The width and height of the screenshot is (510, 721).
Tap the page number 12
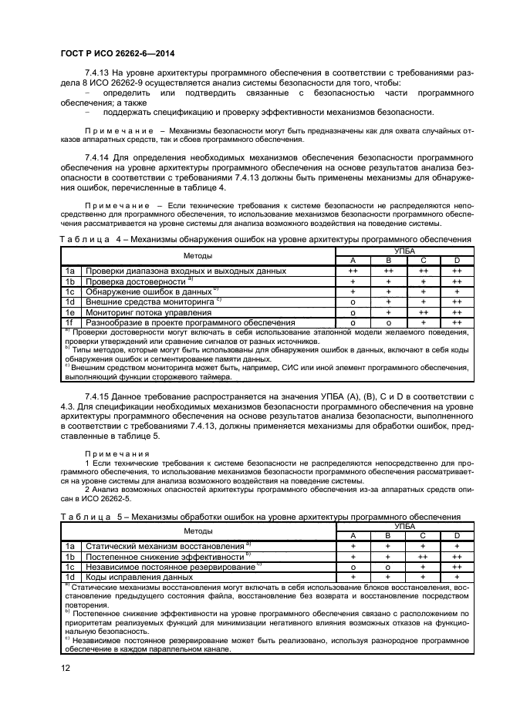pos(65,668)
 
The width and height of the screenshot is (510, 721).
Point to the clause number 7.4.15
pos(100,396)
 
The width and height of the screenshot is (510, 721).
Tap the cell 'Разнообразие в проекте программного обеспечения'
pos(184,322)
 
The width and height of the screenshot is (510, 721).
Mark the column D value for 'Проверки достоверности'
pos(456,281)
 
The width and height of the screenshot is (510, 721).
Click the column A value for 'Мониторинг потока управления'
pos(353,312)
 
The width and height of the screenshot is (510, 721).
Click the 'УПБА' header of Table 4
pos(404,251)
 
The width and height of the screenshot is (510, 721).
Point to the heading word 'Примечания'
pos(113,454)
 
